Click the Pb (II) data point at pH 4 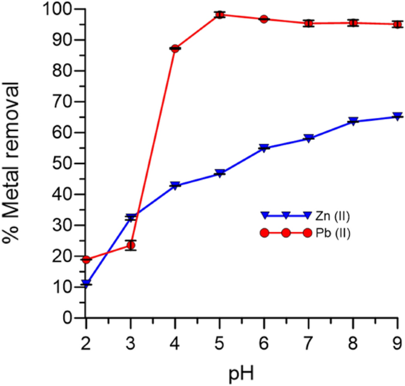tap(175, 48)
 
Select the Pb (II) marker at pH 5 tap(219, 14)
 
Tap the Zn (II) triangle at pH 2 tap(86, 284)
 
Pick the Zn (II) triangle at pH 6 tap(264, 148)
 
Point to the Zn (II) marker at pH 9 tap(397, 117)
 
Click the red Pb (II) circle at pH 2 tap(86, 260)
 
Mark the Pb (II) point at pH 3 tap(131, 245)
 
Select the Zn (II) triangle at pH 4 tap(175, 185)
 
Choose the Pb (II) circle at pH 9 tap(397, 24)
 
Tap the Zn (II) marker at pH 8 tap(353, 121)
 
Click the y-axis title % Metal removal tap(14, 163)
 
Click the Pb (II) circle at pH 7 tap(309, 24)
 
